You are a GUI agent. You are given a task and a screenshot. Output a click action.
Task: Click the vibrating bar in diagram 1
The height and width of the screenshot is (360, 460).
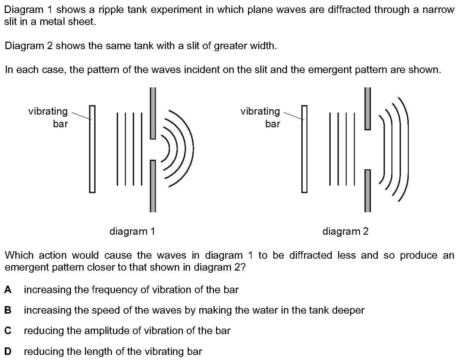click(x=92, y=149)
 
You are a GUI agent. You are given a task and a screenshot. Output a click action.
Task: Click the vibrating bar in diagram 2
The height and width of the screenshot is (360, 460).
click(x=304, y=149)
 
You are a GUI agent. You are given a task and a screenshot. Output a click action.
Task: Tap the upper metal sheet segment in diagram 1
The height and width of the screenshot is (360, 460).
click(x=153, y=113)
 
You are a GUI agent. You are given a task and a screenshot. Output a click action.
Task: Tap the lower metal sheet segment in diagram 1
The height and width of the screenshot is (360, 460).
click(x=153, y=186)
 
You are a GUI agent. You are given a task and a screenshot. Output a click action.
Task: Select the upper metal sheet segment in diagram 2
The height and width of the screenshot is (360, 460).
click(x=368, y=109)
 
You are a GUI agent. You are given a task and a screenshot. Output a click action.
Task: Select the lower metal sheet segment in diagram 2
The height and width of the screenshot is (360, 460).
click(x=368, y=191)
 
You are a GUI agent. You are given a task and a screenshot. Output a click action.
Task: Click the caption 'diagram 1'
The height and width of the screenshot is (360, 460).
click(x=132, y=231)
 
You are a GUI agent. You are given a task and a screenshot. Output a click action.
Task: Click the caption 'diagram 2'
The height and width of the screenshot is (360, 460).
click(x=345, y=231)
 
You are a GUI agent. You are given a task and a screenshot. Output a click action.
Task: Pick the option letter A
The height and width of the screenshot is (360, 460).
click(x=8, y=289)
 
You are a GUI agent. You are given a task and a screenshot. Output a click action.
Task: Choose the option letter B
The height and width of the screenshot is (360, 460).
click(x=8, y=310)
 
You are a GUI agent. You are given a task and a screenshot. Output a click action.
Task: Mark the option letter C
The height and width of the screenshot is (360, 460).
click(x=8, y=331)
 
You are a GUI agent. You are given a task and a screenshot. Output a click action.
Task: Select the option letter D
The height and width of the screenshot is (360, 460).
click(x=8, y=351)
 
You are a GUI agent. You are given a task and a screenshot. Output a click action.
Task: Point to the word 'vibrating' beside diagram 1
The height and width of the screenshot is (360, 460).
click(x=48, y=112)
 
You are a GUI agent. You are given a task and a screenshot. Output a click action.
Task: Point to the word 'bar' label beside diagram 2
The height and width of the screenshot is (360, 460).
click(x=273, y=124)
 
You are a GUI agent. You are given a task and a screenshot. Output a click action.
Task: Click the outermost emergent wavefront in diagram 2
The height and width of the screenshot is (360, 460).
click(x=408, y=149)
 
